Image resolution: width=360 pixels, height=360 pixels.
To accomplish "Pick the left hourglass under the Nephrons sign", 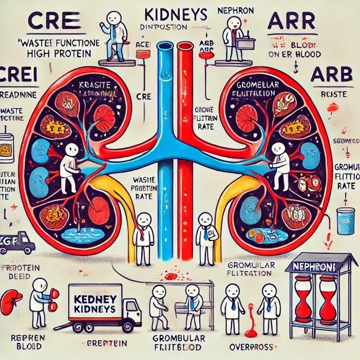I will [303, 297].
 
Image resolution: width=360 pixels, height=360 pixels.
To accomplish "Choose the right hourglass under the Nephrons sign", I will [328, 297].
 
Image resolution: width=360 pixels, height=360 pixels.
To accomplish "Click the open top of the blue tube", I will [165, 46].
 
